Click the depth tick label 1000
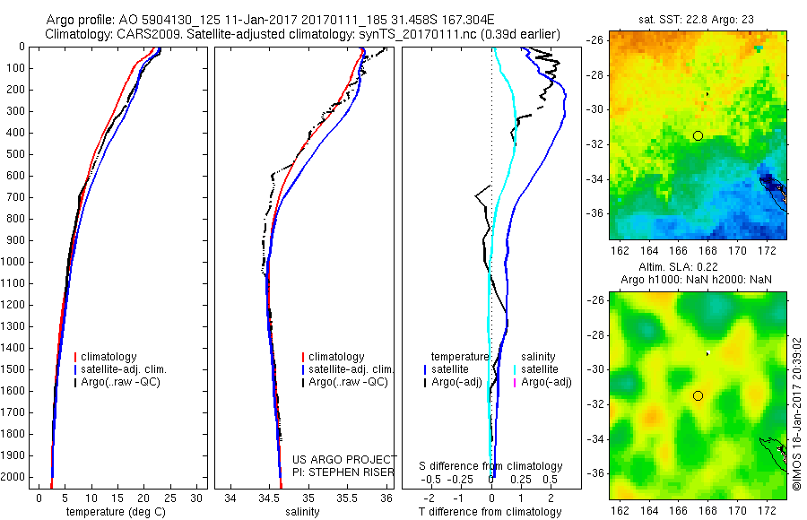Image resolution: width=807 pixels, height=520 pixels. click(15, 262)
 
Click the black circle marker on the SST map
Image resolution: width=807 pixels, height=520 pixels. click(698, 135)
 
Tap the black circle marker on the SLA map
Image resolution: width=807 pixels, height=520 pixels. click(698, 395)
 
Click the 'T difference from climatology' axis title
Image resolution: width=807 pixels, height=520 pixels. click(490, 512)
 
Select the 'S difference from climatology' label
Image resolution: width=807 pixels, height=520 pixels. click(491, 466)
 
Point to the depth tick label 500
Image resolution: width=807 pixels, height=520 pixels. click(18, 154)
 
